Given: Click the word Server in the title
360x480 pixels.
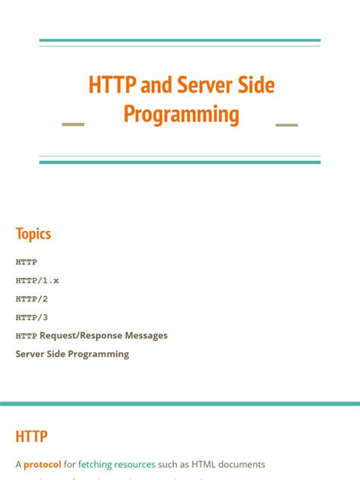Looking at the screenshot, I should point(202,85).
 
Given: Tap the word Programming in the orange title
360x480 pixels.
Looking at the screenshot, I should point(181,115).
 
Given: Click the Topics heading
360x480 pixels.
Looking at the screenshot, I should point(33,233).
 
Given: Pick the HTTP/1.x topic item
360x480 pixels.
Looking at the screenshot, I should point(37,280).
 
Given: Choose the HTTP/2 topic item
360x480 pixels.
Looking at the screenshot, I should point(32,298).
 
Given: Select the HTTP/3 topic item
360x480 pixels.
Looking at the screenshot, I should point(32,317).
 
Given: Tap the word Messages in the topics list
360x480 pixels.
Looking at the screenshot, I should point(144,336).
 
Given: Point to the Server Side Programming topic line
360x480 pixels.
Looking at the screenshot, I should point(72,354).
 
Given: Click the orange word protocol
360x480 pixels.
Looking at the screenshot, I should point(43,464).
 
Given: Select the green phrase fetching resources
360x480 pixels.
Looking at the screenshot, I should point(117,464).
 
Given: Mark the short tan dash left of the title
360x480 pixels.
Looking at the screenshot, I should point(73,124).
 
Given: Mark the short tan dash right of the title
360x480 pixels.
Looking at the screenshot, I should point(287,124).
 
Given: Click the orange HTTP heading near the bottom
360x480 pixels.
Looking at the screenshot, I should point(32,437).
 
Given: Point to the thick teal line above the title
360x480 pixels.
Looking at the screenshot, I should point(180,40).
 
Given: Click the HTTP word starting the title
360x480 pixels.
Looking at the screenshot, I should point(112,85).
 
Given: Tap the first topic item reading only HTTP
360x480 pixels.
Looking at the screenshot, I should point(27,262).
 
